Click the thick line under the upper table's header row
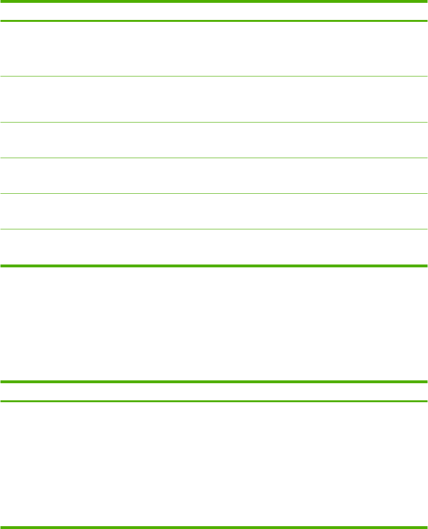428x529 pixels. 214,21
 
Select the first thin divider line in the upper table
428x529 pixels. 214,76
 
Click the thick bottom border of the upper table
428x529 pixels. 214,265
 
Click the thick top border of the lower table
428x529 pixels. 214,381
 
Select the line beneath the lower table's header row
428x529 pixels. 214,401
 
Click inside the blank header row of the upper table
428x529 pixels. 214,11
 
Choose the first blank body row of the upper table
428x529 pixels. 214,49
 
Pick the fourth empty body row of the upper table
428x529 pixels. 214,176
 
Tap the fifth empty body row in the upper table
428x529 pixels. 214,211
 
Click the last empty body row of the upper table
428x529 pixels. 214,247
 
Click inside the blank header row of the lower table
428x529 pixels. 214,391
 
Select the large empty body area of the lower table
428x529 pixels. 214,463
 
